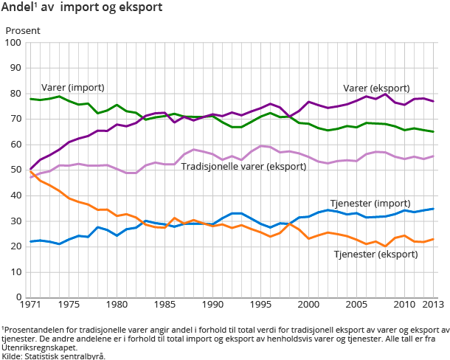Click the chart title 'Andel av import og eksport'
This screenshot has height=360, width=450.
[x=82, y=8]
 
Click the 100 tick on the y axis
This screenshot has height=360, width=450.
[x=13, y=43]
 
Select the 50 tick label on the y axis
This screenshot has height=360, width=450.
[x=15, y=170]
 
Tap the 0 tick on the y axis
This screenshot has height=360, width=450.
[x=18, y=297]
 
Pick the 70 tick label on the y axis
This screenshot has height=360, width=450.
[x=15, y=120]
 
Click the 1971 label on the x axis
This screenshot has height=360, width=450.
[x=30, y=305]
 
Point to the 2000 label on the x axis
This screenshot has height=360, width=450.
[x=308, y=305]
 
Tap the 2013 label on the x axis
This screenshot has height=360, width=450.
[x=433, y=305]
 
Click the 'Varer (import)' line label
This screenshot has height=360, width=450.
[x=72, y=87]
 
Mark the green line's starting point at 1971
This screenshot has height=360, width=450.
[x=30, y=99]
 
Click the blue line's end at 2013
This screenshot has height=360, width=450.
[x=433, y=209]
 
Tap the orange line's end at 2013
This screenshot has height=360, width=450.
[x=433, y=239]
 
